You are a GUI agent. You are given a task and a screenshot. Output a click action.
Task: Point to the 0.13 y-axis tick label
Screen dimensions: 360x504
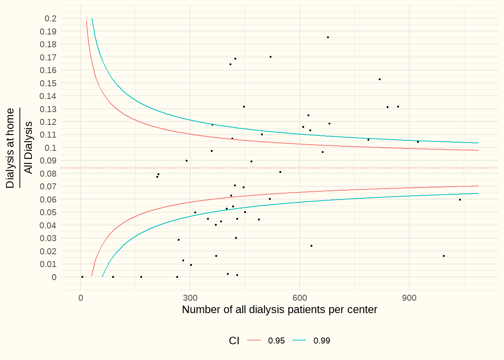pyautogui.click(x=48, y=109)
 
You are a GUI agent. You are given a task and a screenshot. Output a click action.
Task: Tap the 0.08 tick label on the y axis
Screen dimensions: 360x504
pyautogui.click(x=48, y=174)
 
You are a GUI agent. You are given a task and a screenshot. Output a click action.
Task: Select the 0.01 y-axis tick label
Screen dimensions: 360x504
pyautogui.click(x=48, y=264)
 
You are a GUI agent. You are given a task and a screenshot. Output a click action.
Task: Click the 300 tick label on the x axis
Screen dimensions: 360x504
pyautogui.click(x=190, y=298)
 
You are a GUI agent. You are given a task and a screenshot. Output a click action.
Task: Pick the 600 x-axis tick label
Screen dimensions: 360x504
pyautogui.click(x=300, y=298)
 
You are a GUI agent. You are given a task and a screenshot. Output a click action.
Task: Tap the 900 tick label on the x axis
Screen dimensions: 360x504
pyautogui.click(x=409, y=298)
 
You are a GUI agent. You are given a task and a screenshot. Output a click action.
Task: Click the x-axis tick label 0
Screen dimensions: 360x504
pyautogui.click(x=81, y=298)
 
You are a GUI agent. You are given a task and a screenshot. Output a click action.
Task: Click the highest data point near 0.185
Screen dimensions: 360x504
pyautogui.click(x=328, y=37)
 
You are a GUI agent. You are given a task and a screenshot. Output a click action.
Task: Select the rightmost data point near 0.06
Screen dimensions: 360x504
pyautogui.click(x=460, y=199)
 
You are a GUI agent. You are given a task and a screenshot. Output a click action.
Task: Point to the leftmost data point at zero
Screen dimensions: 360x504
pyautogui.click(x=82, y=277)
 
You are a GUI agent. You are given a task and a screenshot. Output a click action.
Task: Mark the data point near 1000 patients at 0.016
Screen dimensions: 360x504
pyautogui.click(x=444, y=256)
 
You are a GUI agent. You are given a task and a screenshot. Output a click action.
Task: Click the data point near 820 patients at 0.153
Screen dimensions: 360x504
pyautogui.click(x=379, y=79)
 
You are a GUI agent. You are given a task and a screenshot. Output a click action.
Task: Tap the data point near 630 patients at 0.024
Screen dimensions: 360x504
pyautogui.click(x=311, y=246)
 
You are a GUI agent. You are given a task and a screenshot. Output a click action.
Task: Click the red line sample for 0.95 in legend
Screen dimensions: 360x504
pyautogui.click(x=254, y=340)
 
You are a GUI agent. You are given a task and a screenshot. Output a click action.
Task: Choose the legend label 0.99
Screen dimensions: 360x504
pyautogui.click(x=322, y=340)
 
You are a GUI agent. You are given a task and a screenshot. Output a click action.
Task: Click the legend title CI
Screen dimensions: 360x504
pyautogui.click(x=234, y=340)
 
